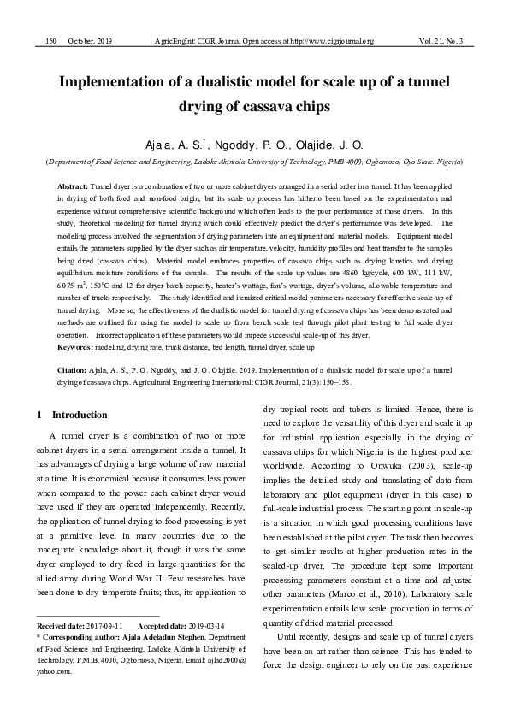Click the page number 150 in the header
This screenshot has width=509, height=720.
[x=50, y=40]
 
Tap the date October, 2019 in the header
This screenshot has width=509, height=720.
[x=90, y=40]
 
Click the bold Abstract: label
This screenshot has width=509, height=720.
[x=73, y=186]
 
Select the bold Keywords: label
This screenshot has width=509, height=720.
[x=77, y=347]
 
